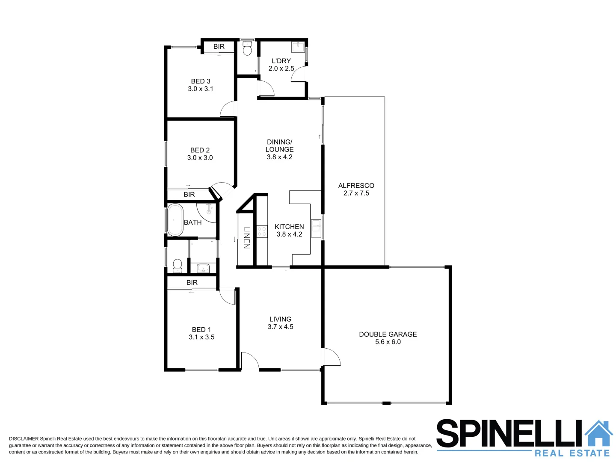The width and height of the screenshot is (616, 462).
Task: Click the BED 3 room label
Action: (x=201, y=81)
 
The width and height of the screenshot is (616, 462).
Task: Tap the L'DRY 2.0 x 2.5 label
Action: (x=281, y=65)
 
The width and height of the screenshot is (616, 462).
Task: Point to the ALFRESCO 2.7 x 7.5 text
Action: (x=356, y=189)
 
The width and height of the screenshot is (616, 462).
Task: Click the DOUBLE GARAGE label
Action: (x=388, y=335)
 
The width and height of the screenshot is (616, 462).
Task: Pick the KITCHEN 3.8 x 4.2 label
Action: (x=289, y=230)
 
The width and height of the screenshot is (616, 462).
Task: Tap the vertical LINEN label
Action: (x=246, y=237)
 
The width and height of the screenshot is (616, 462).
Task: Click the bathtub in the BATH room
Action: (x=175, y=220)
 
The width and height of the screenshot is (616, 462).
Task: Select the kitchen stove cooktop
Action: (x=262, y=232)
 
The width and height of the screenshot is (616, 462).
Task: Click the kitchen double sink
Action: (x=316, y=228)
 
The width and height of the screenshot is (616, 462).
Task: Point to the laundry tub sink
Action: (x=298, y=46)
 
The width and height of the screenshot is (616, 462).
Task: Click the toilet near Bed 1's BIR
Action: (x=177, y=266)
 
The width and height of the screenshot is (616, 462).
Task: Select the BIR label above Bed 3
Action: (x=219, y=47)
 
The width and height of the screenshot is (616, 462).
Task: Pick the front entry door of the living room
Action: (x=250, y=361)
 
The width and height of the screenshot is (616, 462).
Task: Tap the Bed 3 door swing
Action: (x=228, y=109)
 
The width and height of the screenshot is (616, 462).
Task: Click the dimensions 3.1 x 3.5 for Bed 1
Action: (x=201, y=337)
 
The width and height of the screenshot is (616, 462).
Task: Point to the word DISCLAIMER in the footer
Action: (x=24, y=439)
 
